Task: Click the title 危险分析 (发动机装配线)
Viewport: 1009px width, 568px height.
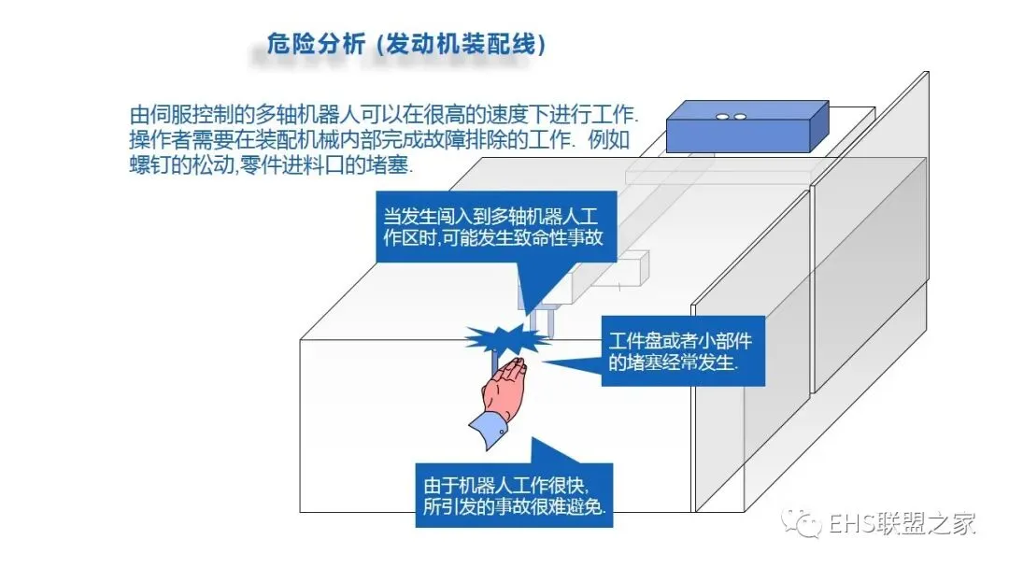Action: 405,45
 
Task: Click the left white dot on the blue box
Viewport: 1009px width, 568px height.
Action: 723,117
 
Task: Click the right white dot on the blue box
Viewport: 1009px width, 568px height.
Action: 739,117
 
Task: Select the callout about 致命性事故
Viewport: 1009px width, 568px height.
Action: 493,225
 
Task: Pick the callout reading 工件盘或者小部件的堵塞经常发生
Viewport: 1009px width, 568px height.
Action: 679,351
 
